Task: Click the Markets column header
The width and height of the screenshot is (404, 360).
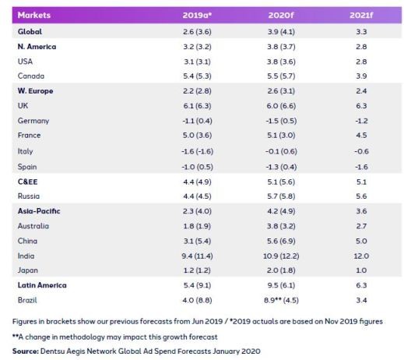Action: [x=34, y=15]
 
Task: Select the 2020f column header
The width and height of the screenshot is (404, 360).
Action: [x=281, y=16]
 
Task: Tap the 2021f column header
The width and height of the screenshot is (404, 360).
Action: [x=361, y=16]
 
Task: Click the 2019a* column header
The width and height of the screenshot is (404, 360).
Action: [x=197, y=16]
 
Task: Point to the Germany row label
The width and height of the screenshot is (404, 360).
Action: [x=33, y=121]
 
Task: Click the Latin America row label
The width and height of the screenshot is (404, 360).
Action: [x=42, y=285]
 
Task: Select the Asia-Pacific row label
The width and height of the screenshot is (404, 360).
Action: [x=39, y=211]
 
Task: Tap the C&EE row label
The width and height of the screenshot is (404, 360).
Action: [x=27, y=182]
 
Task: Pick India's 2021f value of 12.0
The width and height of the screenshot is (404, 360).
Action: [x=361, y=256]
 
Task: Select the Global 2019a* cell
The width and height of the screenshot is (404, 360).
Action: [x=197, y=32]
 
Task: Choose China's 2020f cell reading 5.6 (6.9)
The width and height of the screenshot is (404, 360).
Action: [x=281, y=241]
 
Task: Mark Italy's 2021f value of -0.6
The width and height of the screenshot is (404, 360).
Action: [x=361, y=151]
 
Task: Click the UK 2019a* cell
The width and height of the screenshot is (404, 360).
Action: [x=197, y=106]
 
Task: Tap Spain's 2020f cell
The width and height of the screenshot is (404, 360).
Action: [x=281, y=167]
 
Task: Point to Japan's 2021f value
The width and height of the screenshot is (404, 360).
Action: [x=361, y=270]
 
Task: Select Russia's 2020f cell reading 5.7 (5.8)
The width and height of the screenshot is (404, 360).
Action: [x=281, y=196]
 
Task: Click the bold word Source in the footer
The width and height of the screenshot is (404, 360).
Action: [x=26, y=351]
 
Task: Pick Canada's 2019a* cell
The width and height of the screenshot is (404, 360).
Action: [x=197, y=76]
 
